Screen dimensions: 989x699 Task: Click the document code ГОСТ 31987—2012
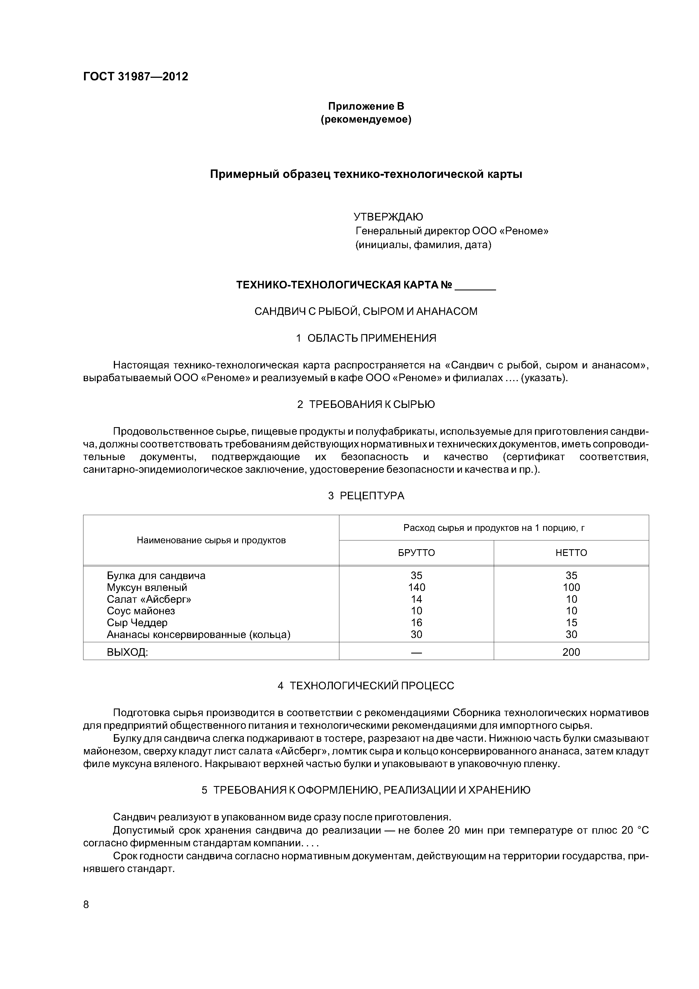click(136, 77)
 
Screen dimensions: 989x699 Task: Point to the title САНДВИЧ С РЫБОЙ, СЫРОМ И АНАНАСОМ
click(366, 312)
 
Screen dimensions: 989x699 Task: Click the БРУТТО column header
click(417, 553)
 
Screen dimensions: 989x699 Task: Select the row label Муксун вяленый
click(147, 588)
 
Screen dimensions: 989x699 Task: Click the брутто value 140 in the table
click(417, 588)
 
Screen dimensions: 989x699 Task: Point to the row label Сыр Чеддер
click(137, 622)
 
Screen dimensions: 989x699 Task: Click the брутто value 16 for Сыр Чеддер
click(417, 622)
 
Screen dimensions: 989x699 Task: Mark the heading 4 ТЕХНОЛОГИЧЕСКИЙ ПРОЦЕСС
click(366, 686)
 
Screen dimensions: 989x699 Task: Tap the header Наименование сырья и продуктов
click(211, 540)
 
